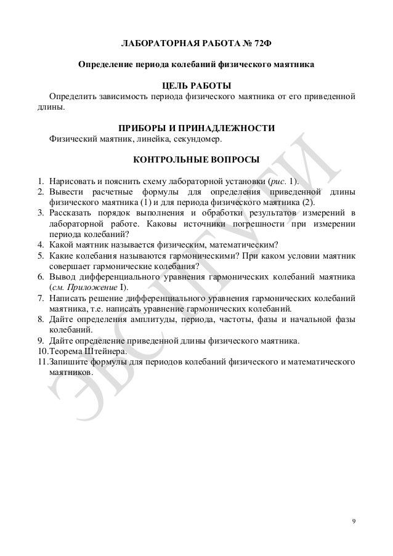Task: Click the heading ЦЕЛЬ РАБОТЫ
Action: tap(197, 85)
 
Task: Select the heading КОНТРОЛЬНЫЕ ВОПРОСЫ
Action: tap(197, 159)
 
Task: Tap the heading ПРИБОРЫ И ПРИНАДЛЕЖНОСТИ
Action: tap(197, 127)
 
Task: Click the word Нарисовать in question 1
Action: tap(69, 182)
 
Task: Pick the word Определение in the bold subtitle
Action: tap(105, 65)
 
